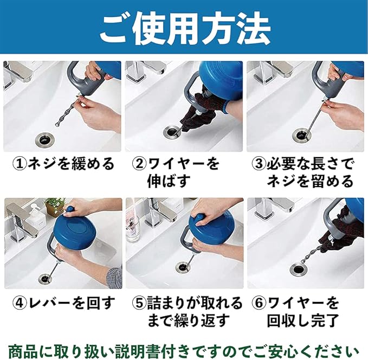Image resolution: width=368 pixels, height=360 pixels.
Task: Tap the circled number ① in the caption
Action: coord(19,164)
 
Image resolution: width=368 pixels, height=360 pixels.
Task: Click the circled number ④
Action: coord(20,303)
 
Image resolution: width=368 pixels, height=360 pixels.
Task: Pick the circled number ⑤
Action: coord(139,303)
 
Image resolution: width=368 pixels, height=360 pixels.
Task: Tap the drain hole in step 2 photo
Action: coord(172,132)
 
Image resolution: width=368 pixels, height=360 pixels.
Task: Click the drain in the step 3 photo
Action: coord(301,135)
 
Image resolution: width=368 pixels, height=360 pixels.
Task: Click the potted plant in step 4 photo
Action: coord(55,207)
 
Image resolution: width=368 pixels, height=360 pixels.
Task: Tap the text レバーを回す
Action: coord(72,303)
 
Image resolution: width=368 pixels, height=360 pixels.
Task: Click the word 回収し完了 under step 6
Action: coord(303,320)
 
